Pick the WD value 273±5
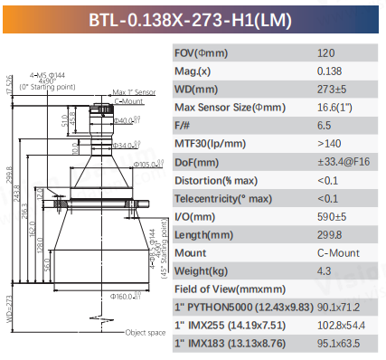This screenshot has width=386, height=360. point(332,90)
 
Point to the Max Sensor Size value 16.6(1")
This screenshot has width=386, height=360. point(336,108)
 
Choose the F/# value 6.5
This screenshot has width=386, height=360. point(325,126)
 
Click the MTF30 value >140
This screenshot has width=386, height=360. point(330,144)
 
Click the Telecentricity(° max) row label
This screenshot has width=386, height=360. point(222,199)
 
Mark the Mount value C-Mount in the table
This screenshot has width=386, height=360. point(334,254)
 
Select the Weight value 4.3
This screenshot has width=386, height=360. point(325,272)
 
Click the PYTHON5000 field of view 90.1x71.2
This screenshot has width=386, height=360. point(339,308)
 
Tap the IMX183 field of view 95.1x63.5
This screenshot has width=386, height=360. point(339,345)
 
